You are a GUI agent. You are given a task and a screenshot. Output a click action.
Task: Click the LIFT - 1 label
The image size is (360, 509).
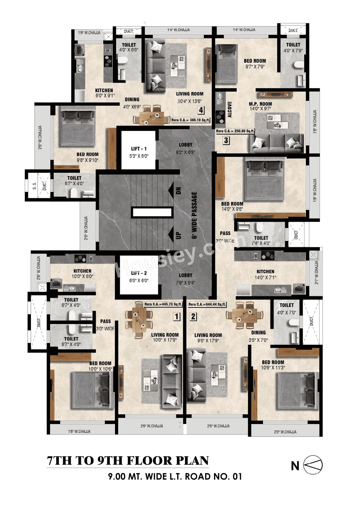(139, 149)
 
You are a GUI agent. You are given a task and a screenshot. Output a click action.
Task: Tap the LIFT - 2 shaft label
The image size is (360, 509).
(139, 273)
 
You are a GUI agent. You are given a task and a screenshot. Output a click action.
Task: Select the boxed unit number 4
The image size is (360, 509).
(201, 110)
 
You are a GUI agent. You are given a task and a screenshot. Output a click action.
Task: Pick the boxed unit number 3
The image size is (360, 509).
(226, 140)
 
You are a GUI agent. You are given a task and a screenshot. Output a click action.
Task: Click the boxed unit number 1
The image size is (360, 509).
(177, 317)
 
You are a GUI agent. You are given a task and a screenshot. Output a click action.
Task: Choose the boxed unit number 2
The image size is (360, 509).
(193, 317)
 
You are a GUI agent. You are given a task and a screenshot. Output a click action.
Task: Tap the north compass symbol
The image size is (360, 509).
(313, 465)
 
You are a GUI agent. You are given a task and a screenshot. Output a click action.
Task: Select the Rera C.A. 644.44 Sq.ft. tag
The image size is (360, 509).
(207, 304)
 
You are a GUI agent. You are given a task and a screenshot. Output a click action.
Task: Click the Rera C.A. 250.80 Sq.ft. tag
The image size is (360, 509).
(235, 131)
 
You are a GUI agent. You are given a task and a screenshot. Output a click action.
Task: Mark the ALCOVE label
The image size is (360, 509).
(229, 110)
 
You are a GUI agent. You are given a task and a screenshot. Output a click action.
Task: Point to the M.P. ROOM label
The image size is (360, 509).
(260, 104)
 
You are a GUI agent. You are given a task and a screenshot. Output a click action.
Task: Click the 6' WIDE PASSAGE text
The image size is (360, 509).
(194, 215)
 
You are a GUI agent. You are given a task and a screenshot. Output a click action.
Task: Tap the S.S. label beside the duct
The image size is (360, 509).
(34, 186)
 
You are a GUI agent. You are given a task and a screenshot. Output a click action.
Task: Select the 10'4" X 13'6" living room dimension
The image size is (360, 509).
(190, 101)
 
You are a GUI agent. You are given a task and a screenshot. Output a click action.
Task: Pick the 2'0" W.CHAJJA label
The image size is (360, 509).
(285, 432)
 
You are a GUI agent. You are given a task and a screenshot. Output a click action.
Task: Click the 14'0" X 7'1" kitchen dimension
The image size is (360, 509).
(265, 278)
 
